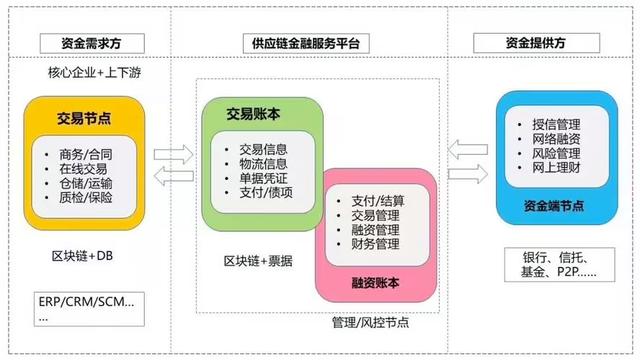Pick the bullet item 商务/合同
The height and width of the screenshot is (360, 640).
tap(86, 153)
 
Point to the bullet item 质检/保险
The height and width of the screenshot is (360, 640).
tap(86, 198)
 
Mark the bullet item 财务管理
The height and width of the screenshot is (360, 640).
tap(376, 243)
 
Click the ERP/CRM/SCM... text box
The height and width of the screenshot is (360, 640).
tap(90, 307)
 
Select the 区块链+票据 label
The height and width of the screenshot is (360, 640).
tap(258, 261)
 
